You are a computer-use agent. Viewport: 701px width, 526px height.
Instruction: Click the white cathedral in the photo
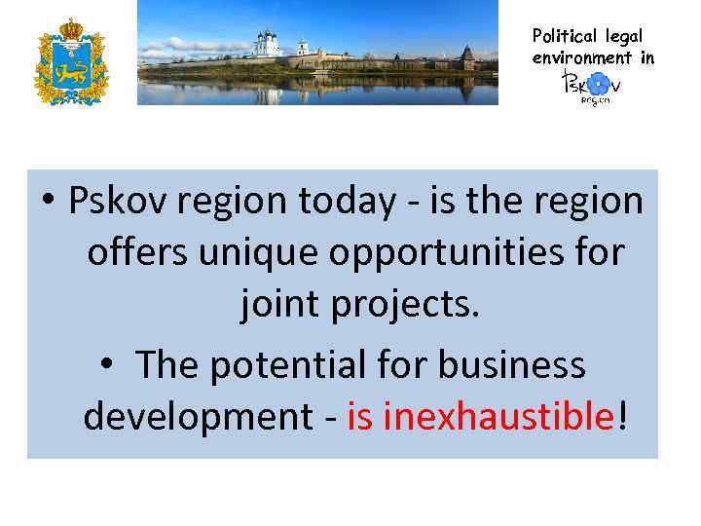(x=266, y=45)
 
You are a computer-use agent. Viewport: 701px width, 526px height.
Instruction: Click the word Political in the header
(x=564, y=36)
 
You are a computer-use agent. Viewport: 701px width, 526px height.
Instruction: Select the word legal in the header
(x=624, y=36)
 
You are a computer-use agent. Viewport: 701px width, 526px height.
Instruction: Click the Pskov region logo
(x=591, y=86)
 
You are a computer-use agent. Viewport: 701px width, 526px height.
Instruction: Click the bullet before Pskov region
(x=48, y=202)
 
